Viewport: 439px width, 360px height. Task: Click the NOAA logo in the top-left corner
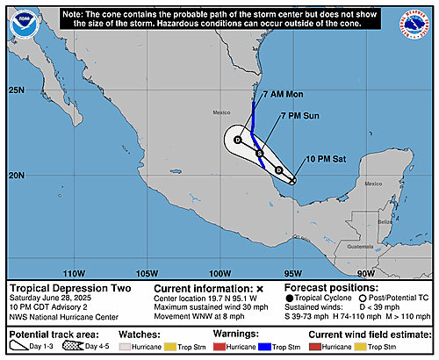pos(25,26)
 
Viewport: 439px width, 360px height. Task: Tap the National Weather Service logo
pos(414,26)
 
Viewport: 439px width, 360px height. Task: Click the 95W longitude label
pos(294,272)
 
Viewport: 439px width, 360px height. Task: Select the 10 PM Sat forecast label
pos(325,158)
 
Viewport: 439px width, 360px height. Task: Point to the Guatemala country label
pos(359,248)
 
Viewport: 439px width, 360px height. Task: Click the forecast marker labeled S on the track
pos(260,154)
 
